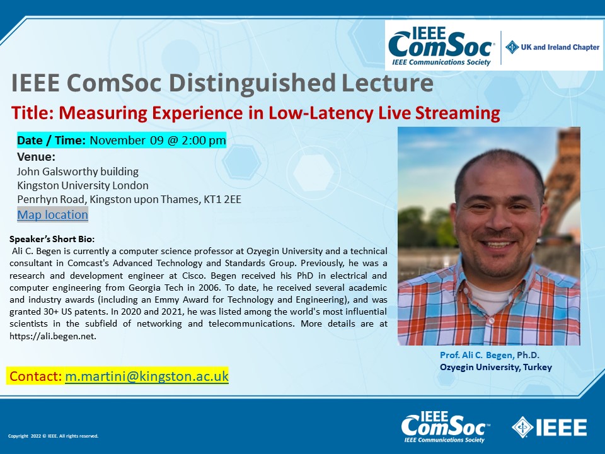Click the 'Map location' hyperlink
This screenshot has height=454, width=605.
click(52, 214)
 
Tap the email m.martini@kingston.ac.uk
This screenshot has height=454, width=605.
click(147, 376)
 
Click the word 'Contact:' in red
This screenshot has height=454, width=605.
click(35, 376)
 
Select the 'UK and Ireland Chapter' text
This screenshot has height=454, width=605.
click(560, 47)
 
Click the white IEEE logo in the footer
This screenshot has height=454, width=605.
click(549, 428)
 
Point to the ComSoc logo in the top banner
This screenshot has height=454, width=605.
click(441, 46)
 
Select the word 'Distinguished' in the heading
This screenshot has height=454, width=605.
click(252, 83)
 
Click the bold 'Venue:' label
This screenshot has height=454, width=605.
click(37, 157)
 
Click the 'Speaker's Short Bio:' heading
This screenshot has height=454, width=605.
click(52, 239)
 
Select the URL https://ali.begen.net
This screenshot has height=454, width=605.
click(53, 336)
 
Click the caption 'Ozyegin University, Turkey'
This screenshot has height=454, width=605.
click(496, 367)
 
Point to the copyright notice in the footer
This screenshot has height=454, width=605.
click(53, 436)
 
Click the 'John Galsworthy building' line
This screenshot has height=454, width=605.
click(78, 172)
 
